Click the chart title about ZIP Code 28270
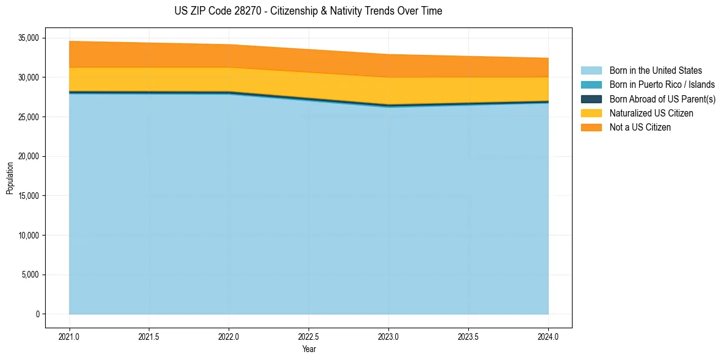pyautogui.click(x=308, y=11)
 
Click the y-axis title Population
pyautogui.click(x=10, y=178)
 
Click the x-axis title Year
pyautogui.click(x=309, y=349)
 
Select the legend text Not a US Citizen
pyautogui.click(x=640, y=128)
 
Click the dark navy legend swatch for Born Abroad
pyautogui.click(x=591, y=99)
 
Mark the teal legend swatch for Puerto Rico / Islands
pyautogui.click(x=591, y=85)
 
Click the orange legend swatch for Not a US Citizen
pyautogui.click(x=591, y=128)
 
